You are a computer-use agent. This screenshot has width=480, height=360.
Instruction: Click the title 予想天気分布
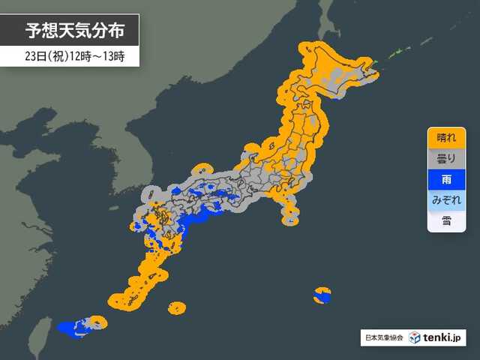pyautogui.click(x=70, y=31)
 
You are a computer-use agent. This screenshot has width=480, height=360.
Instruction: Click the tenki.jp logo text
pyautogui.click(x=443, y=338)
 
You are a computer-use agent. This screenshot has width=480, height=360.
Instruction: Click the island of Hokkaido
pyautogui.click(x=330, y=71)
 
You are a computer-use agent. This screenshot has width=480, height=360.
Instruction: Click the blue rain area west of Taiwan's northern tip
pyautogui.click(x=71, y=328)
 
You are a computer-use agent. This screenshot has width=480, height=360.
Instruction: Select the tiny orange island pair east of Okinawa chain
pyautogui.click(x=177, y=307)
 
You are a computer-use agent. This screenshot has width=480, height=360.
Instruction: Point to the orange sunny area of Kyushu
pyautogui.click(x=154, y=225)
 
